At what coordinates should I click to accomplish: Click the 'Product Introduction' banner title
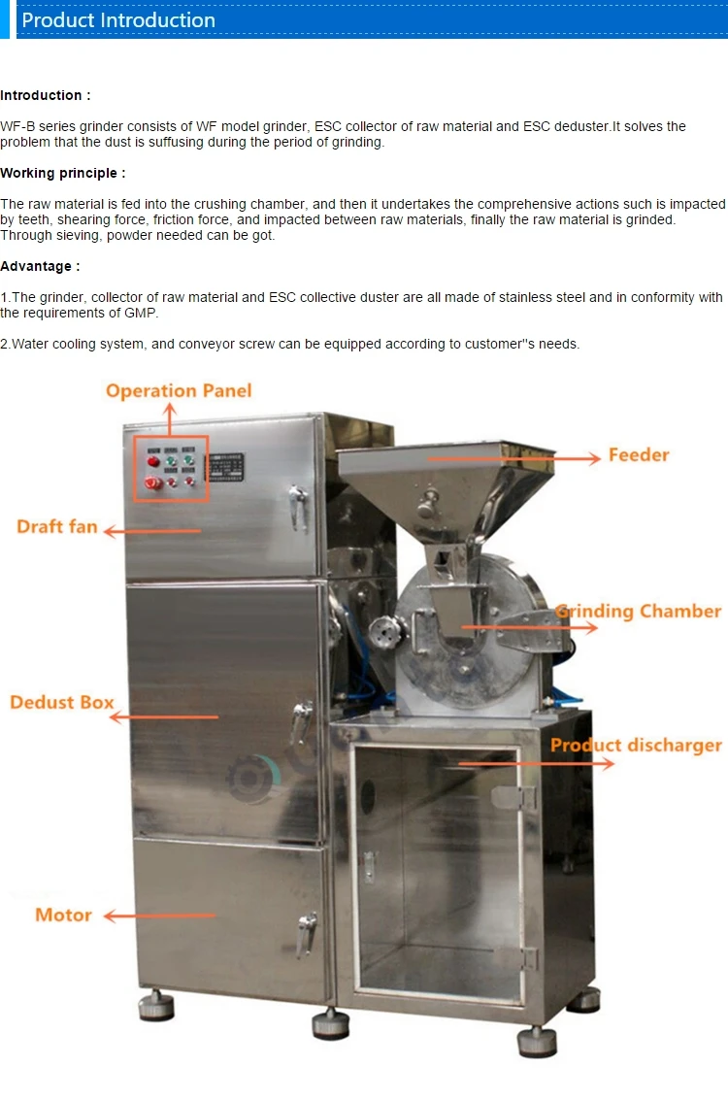point(118,20)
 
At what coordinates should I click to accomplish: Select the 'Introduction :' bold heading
point(46,95)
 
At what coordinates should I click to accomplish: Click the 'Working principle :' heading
point(63,173)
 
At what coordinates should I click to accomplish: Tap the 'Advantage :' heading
point(40,266)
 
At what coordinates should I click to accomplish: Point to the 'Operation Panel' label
point(179,391)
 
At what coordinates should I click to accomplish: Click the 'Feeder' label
point(639,454)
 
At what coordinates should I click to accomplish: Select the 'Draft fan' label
point(57,527)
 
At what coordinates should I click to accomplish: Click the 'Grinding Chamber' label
point(639,612)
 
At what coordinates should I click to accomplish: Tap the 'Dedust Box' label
point(62,702)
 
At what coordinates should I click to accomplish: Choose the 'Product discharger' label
point(636,746)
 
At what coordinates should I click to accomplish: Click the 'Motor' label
point(63,915)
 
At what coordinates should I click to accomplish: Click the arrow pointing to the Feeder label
point(514,458)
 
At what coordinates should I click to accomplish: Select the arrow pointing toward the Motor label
point(160,916)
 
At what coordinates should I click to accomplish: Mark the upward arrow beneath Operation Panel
point(171,419)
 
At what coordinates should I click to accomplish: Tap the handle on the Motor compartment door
point(308,930)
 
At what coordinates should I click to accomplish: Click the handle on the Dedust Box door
point(303,720)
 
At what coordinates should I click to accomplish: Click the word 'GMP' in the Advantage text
point(141,313)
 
